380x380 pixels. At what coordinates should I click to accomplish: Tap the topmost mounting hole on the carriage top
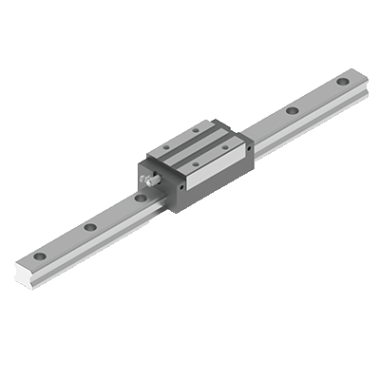point(196,128)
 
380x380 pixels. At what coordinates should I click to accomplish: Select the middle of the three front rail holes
point(88,228)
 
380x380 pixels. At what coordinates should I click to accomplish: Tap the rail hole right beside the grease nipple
point(140,199)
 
